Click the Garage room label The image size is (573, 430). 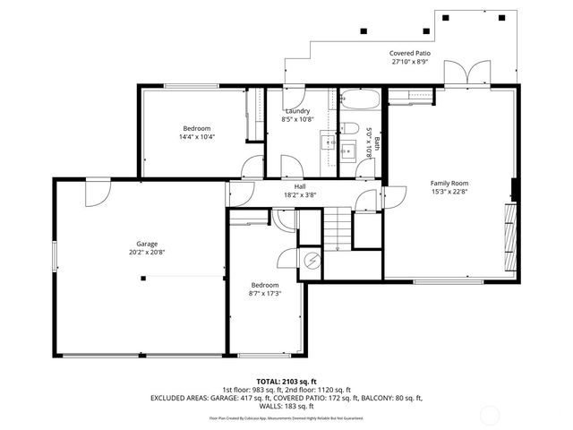(x=148, y=244)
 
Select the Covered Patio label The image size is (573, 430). (x=410, y=54)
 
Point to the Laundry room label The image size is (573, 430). (x=297, y=111)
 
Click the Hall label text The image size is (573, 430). (x=300, y=186)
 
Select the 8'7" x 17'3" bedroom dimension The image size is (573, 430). (x=265, y=293)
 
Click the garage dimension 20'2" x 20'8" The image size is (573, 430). (x=148, y=253)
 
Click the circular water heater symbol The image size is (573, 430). (x=313, y=261)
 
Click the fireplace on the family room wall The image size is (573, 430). (x=510, y=236)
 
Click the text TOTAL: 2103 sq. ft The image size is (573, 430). (x=286, y=381)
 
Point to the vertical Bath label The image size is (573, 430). (x=377, y=142)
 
